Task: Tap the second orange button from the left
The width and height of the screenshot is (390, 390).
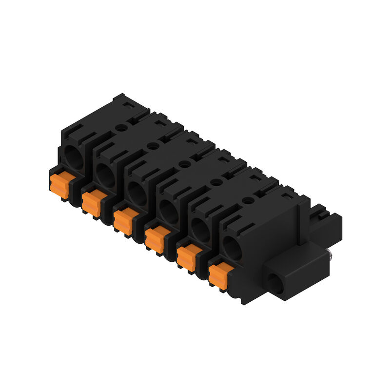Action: [92, 201]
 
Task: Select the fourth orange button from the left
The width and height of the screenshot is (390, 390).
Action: [155, 239]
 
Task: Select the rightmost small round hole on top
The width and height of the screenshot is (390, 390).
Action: [248, 199]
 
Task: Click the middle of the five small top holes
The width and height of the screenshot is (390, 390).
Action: [184, 164]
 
